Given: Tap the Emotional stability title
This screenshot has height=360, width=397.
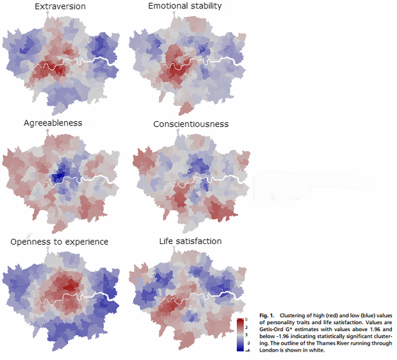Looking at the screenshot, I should pos(184,7).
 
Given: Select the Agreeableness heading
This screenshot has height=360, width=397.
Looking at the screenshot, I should pos(53,122).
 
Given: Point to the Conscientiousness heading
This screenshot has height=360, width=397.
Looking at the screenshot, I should pos(191,123).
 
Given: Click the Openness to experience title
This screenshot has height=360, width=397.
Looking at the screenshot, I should pos(60,241).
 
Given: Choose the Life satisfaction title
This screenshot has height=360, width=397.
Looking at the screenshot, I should pos(190,241).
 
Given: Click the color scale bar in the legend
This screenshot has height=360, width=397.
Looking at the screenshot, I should pos(240,333).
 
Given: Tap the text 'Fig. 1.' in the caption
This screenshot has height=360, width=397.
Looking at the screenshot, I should pos(267,316).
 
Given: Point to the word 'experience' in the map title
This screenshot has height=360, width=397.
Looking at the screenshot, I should pos(87,241).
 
